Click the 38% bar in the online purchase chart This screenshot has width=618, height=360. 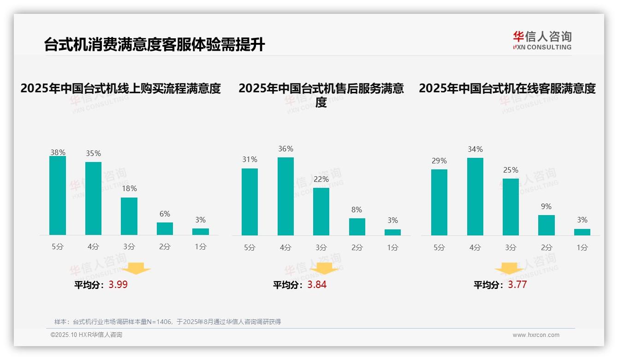point(58,195)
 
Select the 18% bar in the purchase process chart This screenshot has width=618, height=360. point(129,216)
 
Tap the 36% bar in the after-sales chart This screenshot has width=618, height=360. point(285,196)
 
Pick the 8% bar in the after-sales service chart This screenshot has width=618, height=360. point(357,227)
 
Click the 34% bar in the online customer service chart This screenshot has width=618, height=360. point(475,197)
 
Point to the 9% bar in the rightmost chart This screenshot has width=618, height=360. point(547,225)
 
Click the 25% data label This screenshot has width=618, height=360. point(511,170)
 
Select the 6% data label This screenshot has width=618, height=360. point(165,214)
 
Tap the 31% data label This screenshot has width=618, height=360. point(250,159)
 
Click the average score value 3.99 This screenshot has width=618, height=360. point(118,285)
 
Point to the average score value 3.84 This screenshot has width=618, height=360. point(317,285)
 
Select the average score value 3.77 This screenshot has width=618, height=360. point(517,285)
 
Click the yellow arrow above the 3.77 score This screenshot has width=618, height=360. point(509,270)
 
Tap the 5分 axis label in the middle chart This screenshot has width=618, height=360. point(250,248)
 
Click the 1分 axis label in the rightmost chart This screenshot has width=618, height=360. point(582,248)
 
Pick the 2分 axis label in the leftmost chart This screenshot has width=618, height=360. point(165,247)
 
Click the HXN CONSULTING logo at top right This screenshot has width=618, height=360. point(542,41)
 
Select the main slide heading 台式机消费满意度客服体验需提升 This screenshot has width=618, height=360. point(154,45)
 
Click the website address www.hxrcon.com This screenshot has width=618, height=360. point(535,335)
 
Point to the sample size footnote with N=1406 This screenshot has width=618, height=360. point(167,322)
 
